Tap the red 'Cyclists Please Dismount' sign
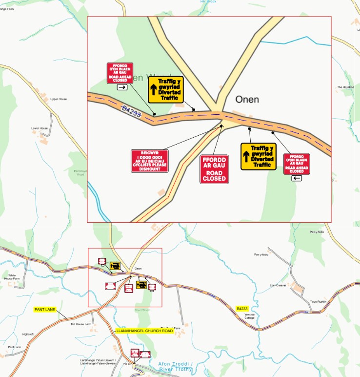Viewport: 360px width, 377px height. (x=149, y=161)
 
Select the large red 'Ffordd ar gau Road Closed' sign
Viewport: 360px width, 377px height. (x=214, y=169)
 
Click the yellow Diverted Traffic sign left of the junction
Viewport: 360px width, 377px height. (x=165, y=89)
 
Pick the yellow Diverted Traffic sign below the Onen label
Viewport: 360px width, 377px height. (x=258, y=156)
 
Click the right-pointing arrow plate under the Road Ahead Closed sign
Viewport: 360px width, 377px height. (x=122, y=87)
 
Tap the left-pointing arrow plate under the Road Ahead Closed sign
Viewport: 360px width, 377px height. (x=297, y=178)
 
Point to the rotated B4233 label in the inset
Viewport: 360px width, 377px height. (x=131, y=112)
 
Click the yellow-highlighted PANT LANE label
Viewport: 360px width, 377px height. (x=44, y=310)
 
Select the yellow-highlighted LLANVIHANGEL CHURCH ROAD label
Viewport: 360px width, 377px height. (x=144, y=331)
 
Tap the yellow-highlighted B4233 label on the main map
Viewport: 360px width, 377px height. (x=242, y=309)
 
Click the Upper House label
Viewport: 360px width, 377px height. (x=58, y=99)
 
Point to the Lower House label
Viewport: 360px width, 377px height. (x=40, y=128)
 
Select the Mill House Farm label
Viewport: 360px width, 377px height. (x=81, y=324)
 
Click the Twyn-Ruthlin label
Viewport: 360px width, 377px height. (x=318, y=302)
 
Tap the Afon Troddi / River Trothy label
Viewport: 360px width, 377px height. (x=176, y=366)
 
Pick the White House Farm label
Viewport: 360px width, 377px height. (x=13, y=277)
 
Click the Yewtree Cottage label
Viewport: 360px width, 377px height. (x=250, y=316)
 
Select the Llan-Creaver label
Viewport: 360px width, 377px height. (x=278, y=285)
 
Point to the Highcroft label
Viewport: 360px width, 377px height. (x=28, y=335)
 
